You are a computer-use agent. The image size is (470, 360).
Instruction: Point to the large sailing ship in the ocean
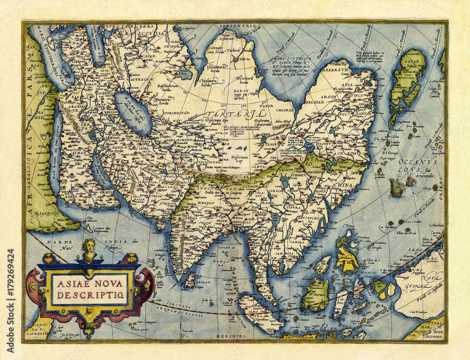coord(397,188)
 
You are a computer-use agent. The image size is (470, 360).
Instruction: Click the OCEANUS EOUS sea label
coord(415,165)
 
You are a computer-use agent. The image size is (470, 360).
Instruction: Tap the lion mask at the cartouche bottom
coord(89,310)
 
